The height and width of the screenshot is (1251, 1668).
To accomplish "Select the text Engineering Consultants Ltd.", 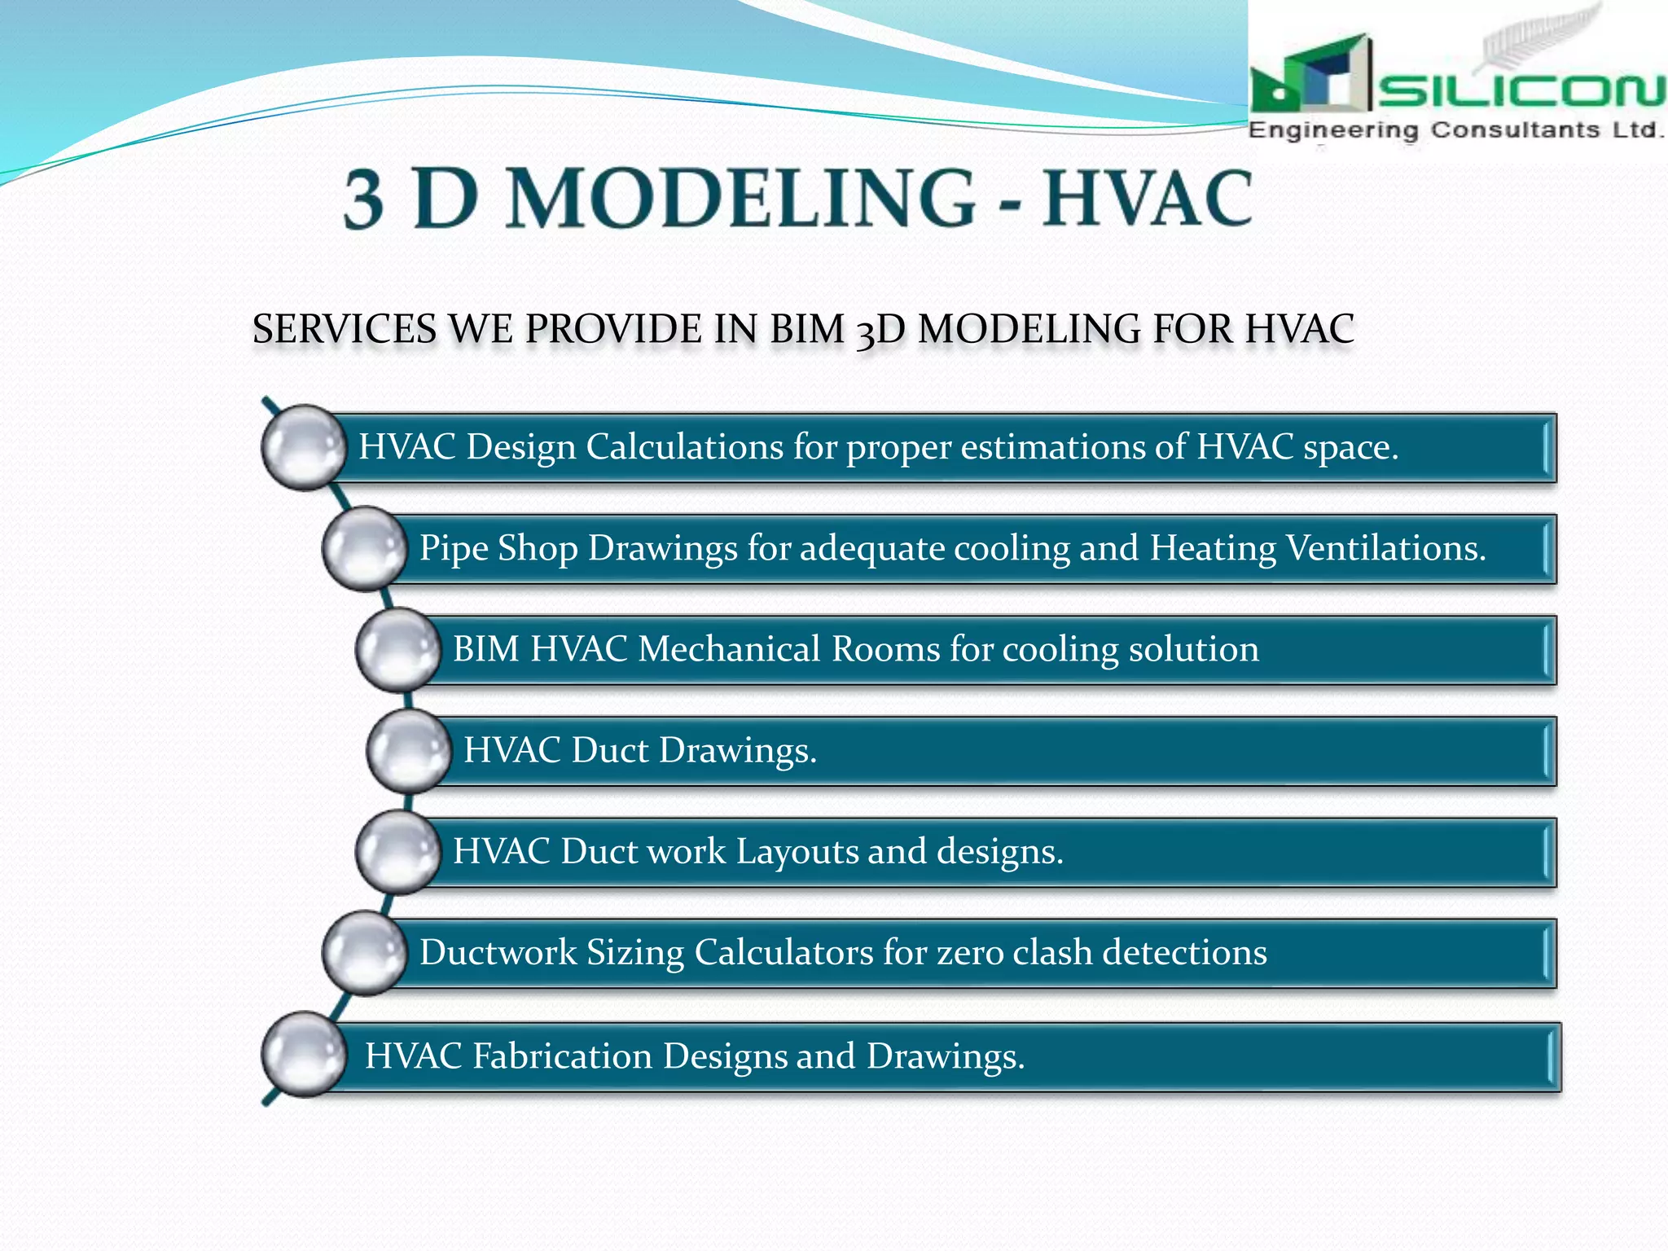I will (1455, 130).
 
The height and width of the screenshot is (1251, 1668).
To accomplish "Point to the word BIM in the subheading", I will (806, 330).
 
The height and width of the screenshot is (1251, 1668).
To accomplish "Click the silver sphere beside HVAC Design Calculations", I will (304, 447).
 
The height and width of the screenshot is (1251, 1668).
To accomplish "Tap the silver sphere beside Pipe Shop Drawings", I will (364, 548).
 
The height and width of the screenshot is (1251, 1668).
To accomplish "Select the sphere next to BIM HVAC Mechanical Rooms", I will (397, 650).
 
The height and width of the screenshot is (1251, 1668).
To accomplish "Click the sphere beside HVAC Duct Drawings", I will (409, 751).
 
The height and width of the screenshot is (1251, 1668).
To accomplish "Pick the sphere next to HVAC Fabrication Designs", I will (304, 1055).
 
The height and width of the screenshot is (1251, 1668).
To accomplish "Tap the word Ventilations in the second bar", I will (1385, 548).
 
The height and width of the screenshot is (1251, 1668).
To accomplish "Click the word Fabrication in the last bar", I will (562, 1056).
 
